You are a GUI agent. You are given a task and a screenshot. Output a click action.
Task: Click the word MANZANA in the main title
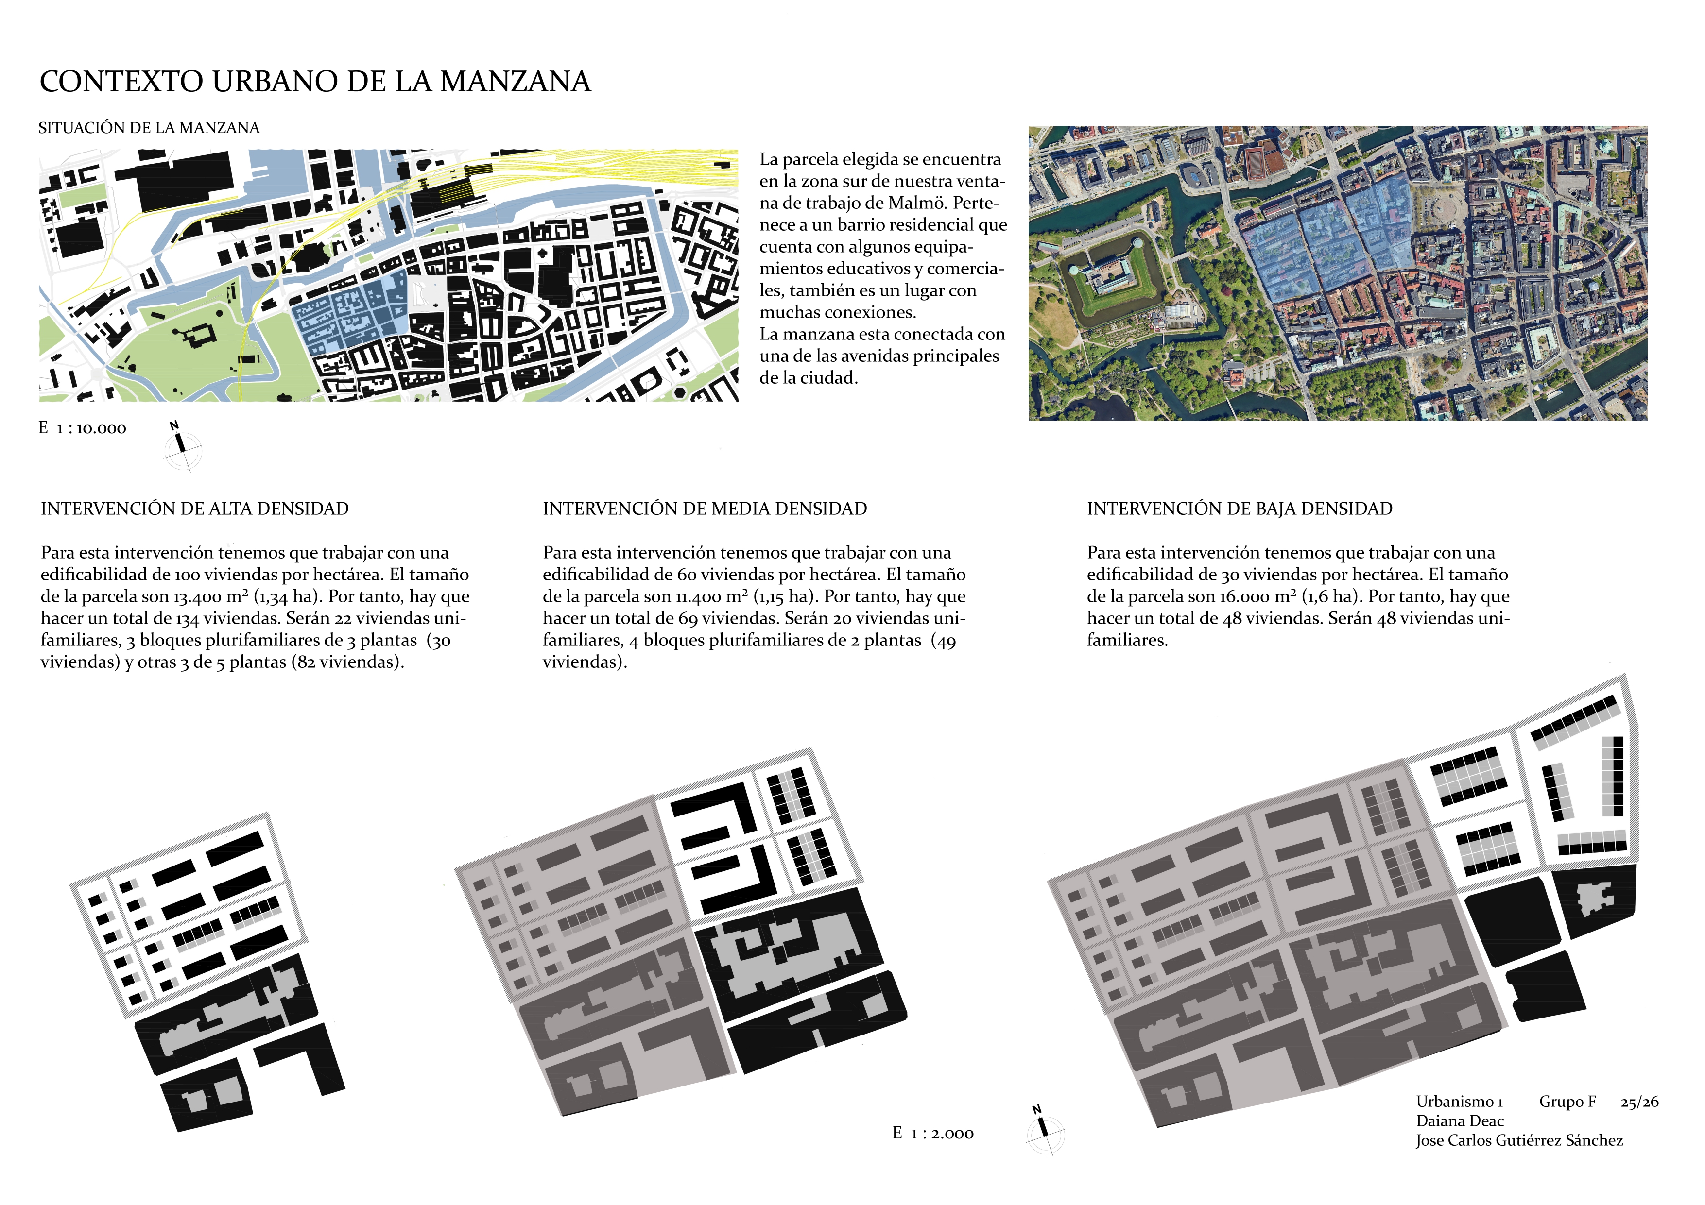point(516,82)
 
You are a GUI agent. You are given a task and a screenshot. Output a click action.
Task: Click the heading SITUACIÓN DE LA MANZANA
point(149,128)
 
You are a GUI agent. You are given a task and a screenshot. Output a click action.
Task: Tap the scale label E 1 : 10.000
point(83,428)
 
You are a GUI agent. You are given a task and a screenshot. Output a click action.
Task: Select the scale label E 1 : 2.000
point(933,1133)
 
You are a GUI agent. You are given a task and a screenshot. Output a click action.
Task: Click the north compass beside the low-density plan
point(1044,1130)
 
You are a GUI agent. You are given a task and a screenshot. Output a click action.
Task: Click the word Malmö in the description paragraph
point(919,203)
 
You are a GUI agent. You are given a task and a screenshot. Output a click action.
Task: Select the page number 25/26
point(1639,1102)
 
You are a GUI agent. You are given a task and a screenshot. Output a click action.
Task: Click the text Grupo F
point(1567,1102)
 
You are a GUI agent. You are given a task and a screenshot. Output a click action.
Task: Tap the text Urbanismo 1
point(1459,1102)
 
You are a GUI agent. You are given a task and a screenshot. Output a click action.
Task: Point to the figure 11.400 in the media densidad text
point(698,597)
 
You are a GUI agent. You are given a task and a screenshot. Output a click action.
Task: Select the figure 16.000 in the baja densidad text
point(1244,597)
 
